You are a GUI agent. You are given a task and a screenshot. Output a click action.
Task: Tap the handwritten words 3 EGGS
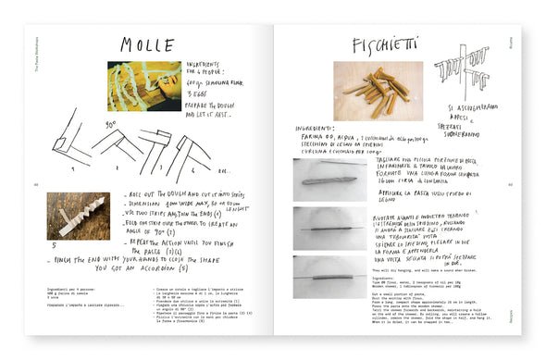tap(201, 93)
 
